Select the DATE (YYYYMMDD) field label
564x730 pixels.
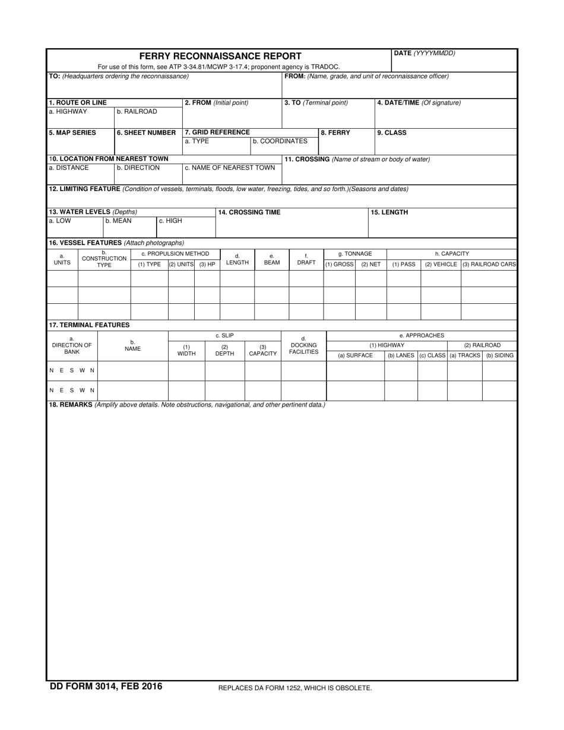(x=424, y=53)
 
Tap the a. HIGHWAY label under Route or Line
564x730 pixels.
(x=68, y=112)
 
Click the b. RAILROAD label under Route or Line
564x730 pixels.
(x=137, y=112)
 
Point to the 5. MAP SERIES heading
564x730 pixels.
(x=72, y=133)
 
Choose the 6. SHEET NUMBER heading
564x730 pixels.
(x=146, y=133)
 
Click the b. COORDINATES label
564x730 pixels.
(x=280, y=141)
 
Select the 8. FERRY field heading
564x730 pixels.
(x=335, y=133)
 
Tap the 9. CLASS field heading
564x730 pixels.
(x=392, y=133)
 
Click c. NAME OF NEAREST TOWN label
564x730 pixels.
(x=230, y=168)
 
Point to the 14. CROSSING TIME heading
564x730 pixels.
(x=249, y=212)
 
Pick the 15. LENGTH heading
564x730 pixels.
(x=389, y=212)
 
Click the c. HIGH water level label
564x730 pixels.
(x=170, y=221)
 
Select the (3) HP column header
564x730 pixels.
(x=207, y=264)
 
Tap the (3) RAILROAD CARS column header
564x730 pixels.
(x=489, y=264)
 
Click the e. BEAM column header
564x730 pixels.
(x=272, y=260)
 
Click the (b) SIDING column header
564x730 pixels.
(x=500, y=356)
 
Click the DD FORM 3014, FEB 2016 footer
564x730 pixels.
(x=106, y=687)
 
